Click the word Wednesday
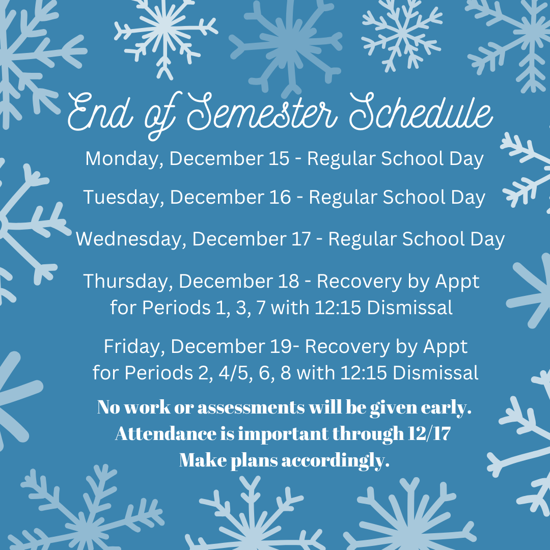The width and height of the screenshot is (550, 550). click(131, 239)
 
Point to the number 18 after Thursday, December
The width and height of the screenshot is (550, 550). click(289, 281)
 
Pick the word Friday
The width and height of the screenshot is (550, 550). click(134, 347)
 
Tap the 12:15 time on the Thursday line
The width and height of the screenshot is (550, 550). click(338, 308)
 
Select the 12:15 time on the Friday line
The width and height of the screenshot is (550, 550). click(364, 372)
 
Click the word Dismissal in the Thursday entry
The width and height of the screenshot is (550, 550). click(409, 308)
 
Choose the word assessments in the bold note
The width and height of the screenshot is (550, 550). click(251, 407)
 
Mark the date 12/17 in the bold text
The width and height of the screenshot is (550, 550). click(429, 433)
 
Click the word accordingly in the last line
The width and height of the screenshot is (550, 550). click(335, 460)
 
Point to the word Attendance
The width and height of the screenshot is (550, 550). click(166, 433)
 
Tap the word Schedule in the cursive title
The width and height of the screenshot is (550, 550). click(421, 112)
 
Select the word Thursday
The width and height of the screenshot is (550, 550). click(128, 282)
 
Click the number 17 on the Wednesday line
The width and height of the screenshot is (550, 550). click(301, 239)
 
